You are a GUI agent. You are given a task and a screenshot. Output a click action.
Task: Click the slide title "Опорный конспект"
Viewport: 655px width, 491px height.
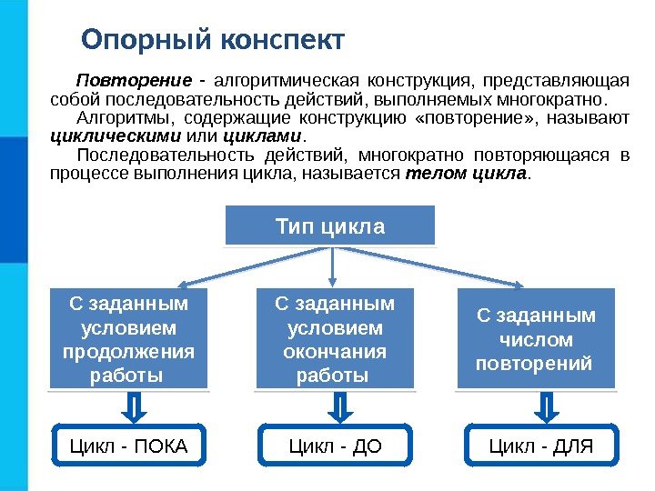pos(213,41)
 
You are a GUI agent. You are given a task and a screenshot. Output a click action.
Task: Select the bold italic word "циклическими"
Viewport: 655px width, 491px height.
pos(116,136)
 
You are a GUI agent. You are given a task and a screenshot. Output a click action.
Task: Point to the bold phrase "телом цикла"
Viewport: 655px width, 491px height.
pos(466,173)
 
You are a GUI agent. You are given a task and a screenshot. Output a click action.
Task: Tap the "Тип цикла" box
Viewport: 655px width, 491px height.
pos(330,225)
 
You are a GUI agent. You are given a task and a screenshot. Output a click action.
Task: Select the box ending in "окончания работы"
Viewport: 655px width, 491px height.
pos(335,338)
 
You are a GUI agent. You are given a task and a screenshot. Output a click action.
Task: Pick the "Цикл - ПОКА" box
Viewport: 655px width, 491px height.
pos(129,446)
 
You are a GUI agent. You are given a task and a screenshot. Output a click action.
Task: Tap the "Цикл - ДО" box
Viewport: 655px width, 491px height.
pos(335,446)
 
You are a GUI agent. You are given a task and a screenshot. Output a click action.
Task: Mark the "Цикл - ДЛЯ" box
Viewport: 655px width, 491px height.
pos(541,446)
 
